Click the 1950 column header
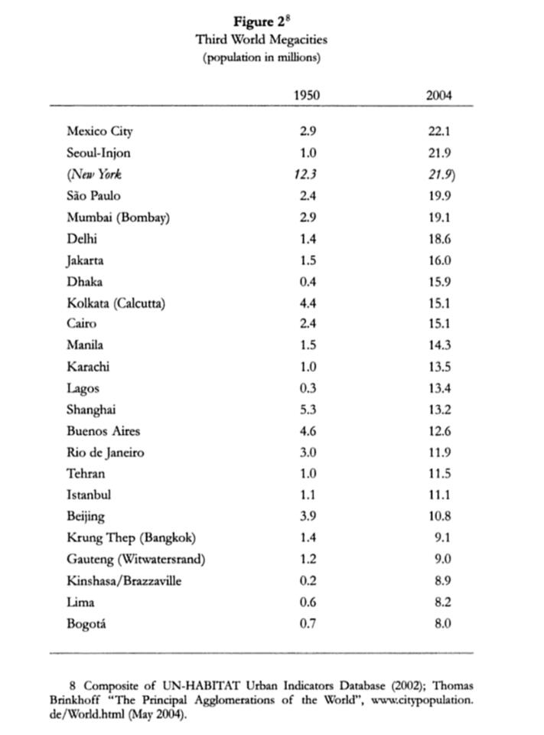click(306, 96)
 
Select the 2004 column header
click(438, 96)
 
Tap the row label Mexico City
click(100, 131)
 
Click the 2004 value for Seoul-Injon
click(439, 152)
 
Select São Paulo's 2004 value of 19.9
click(439, 195)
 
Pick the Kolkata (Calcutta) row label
click(116, 303)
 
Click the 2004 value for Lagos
click(439, 388)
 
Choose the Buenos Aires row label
click(103, 431)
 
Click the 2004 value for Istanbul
click(439, 495)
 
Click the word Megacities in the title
click(295, 40)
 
